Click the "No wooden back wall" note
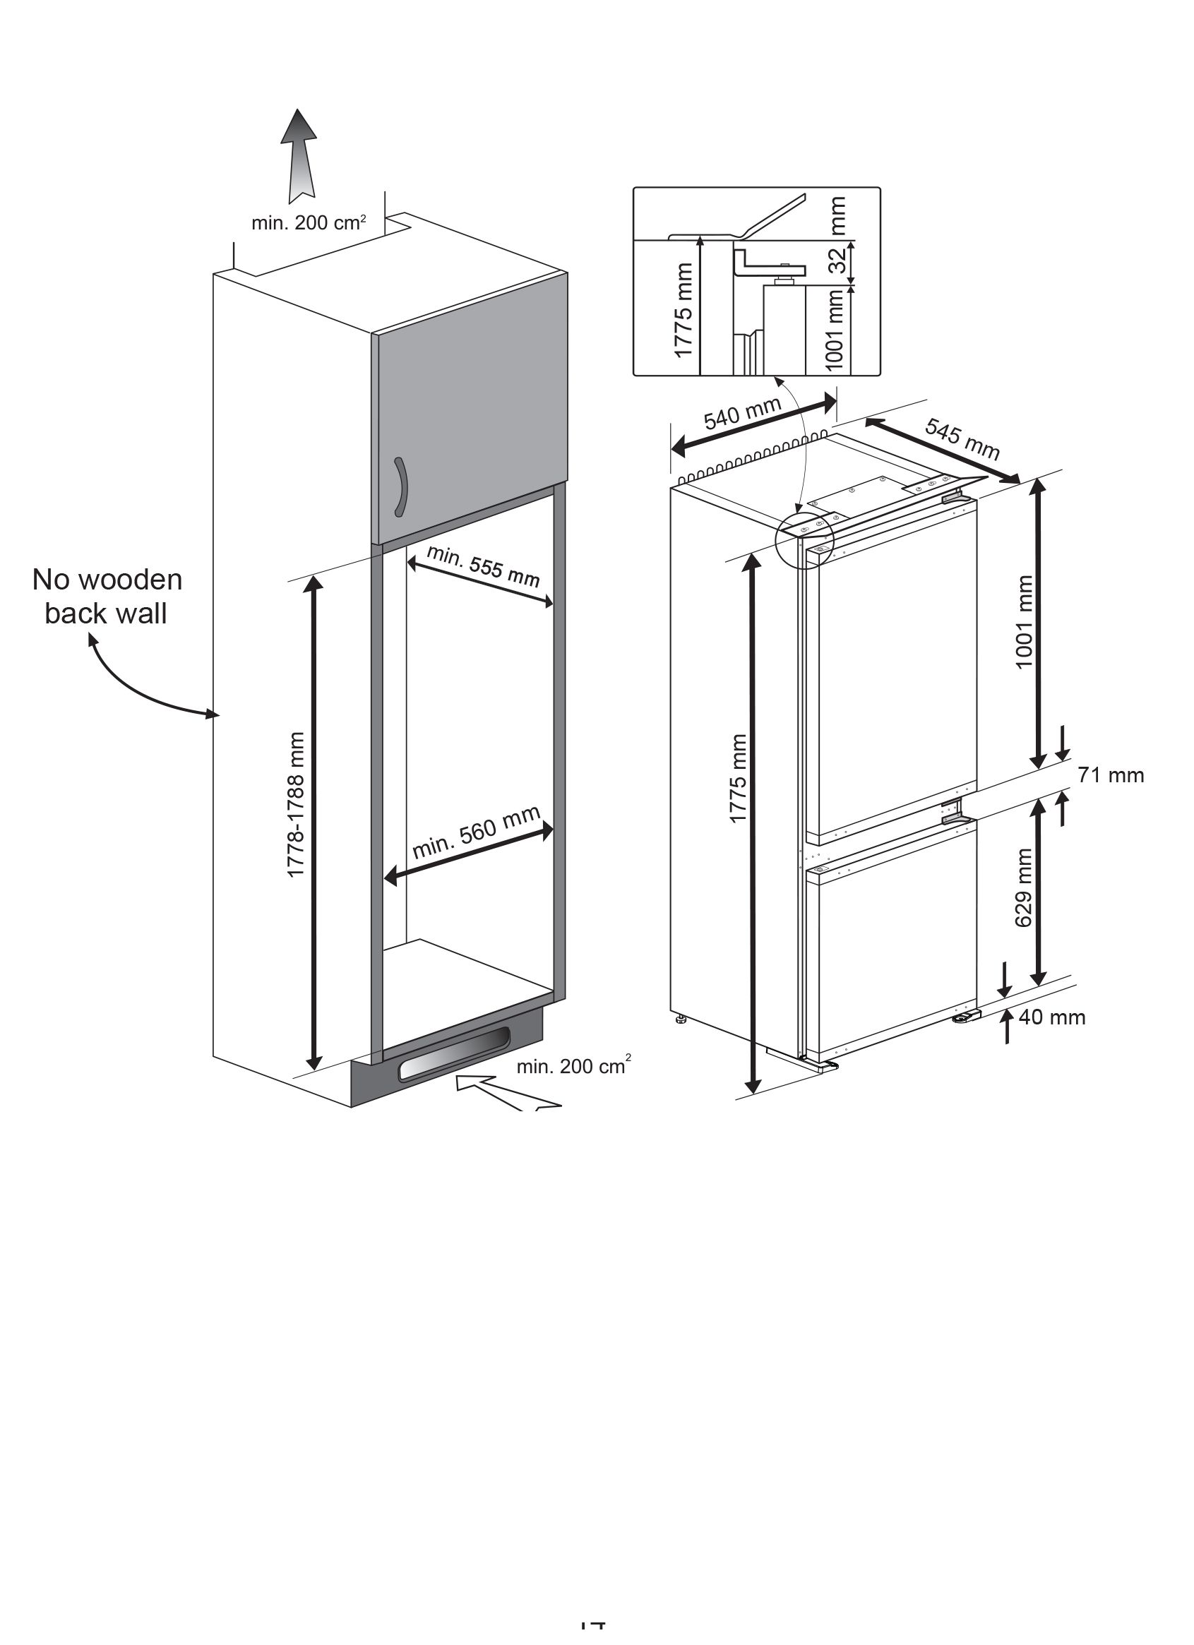point(107,596)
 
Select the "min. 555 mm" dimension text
point(483,566)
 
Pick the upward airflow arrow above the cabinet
point(300,155)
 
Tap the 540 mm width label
point(742,414)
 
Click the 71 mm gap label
point(1110,775)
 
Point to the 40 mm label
point(1052,1017)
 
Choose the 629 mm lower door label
point(1024,887)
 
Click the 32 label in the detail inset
point(839,261)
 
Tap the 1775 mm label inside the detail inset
point(683,311)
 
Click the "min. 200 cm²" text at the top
point(309,222)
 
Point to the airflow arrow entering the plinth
point(508,1093)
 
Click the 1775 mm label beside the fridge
point(738,778)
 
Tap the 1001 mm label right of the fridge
point(1024,622)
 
